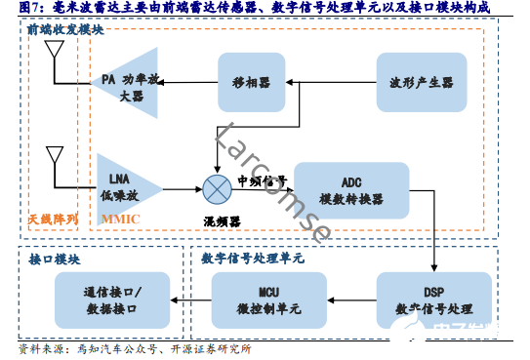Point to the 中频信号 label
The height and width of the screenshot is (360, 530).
pos(262,180)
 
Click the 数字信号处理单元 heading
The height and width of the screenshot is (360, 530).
pos(253,259)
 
